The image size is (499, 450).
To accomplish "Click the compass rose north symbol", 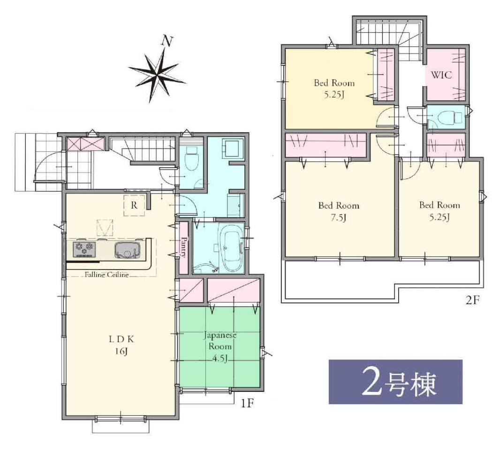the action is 157,75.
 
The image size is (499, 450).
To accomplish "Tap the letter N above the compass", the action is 167,41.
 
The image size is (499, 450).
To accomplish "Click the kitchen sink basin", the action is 127,250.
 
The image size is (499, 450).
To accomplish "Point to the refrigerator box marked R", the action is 134,205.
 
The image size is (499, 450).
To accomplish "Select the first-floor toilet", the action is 191,158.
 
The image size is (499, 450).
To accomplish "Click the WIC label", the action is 441,75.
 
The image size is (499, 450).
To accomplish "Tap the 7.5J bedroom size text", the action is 338,217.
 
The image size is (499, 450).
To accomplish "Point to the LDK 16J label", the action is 121,345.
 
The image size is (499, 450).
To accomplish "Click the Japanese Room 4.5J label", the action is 220,347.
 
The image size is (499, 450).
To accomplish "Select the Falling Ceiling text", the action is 106,274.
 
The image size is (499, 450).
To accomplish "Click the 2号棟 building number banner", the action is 395,382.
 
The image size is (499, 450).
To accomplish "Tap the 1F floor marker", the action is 247,403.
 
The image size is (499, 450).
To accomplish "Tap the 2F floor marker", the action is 472,300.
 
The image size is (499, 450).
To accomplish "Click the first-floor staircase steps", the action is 143,149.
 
